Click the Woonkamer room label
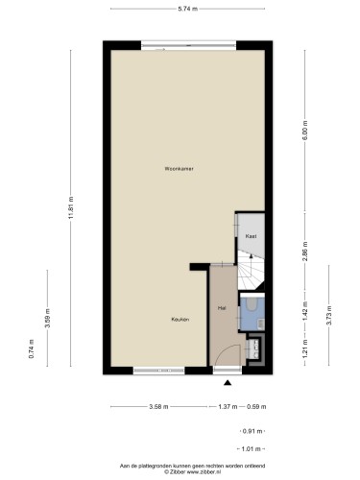coord(179,169)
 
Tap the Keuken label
coord(180,320)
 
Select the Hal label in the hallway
coord(222,308)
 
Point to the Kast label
coord(252,236)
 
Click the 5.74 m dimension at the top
coord(188,9)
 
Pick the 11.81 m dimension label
coord(71,207)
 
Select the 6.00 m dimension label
coord(305,130)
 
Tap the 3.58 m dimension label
coord(158,407)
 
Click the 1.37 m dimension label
coord(228,407)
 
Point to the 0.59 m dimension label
coord(256,407)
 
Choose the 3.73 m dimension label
coord(328,316)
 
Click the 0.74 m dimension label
coord(31,348)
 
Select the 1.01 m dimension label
coord(252,449)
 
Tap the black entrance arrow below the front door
coord(228,382)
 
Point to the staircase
coord(251,271)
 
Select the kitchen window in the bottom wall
coord(159,371)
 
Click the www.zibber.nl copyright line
coord(192,471)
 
